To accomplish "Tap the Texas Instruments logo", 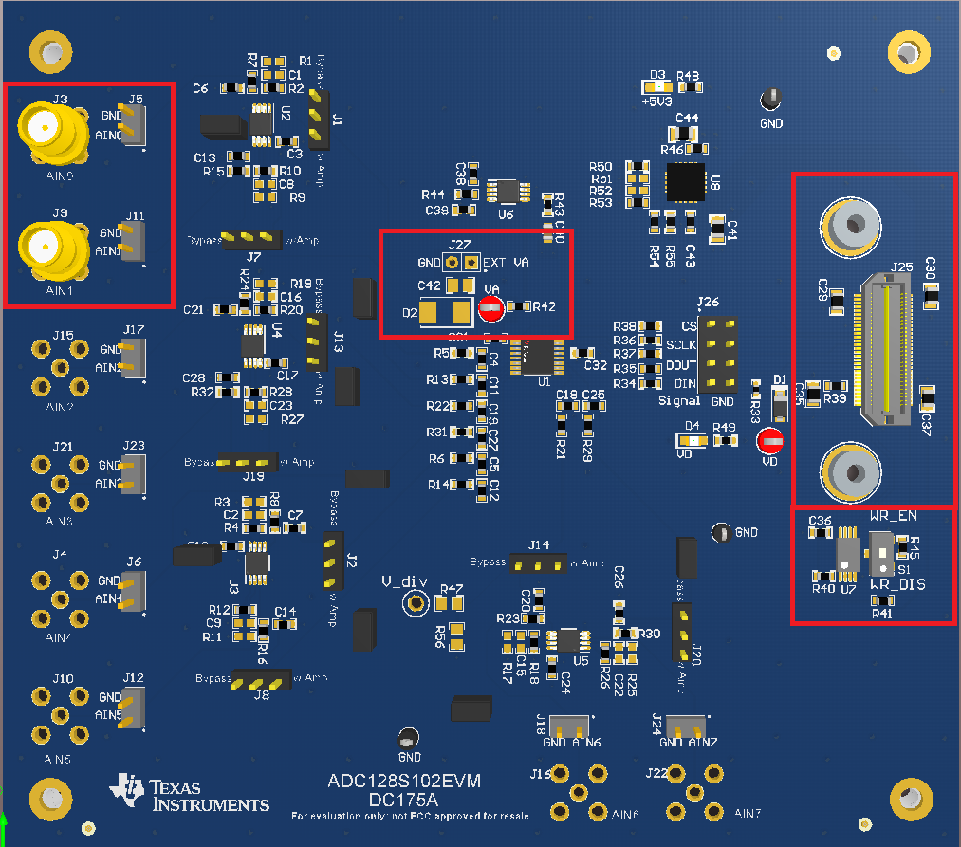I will [190, 794].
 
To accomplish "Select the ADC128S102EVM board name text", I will [405, 782].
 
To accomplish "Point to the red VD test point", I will [769, 441].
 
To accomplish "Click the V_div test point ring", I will [414, 602].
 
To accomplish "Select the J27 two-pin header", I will [461, 262].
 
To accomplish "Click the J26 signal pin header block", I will [716, 356].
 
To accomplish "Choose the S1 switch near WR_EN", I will [882, 554].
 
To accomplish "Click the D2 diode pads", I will [445, 312].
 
